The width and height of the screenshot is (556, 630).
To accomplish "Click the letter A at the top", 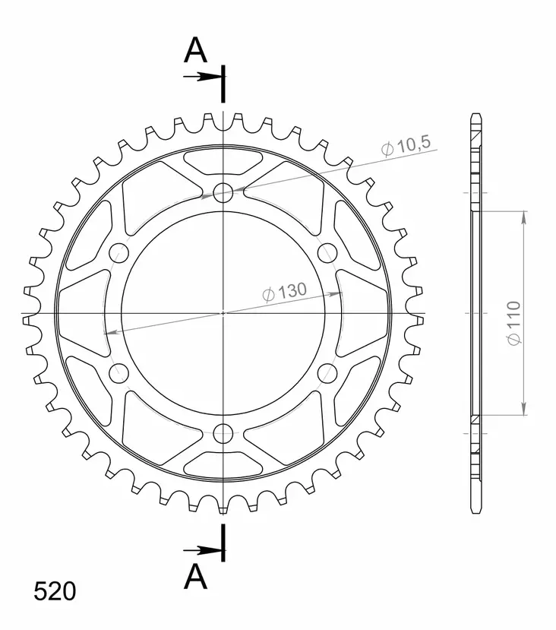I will pos(196,51).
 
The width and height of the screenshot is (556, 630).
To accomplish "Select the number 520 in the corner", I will pos(55,591).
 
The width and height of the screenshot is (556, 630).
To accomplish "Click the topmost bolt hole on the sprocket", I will pos(223,193).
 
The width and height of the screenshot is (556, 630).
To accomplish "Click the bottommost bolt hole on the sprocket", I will pos(223,433).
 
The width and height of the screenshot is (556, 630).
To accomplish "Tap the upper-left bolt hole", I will pos(119,253).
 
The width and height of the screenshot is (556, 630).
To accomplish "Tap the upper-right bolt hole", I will pos(327,253).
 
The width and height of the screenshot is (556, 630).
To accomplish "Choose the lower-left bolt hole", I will pos(119,372).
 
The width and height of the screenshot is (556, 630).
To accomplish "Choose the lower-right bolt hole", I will pos(327,372).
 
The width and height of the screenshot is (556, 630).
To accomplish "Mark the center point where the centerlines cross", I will pos(223,313).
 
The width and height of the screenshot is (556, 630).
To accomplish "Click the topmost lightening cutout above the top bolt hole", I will pos(223,161).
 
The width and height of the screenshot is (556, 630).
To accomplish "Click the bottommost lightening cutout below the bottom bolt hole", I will pos(223,464).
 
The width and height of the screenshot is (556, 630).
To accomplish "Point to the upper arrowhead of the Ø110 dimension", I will pos(523,216).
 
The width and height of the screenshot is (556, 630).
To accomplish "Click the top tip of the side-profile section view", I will pos(475,116).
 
